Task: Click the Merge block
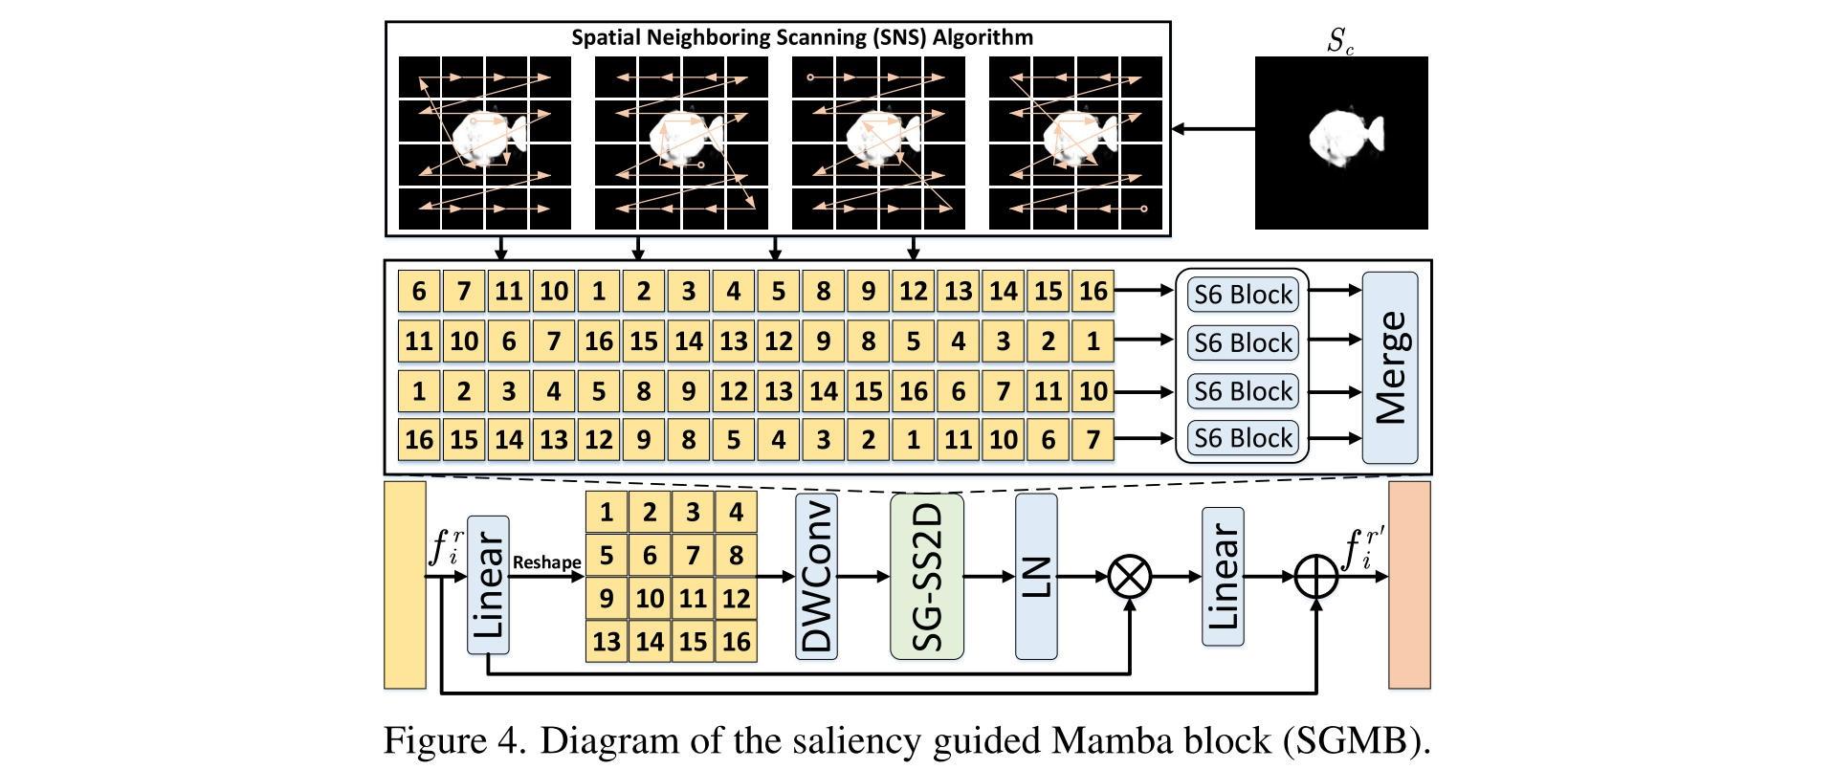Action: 1389,367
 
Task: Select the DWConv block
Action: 816,576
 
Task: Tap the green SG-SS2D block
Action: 926,576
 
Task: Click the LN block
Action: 1035,576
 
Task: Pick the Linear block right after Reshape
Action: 488,585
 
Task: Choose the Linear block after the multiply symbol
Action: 1223,576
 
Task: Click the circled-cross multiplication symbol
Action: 1130,577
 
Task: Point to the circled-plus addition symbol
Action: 1316,577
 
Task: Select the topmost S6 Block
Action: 1242,294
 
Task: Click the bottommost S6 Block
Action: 1242,438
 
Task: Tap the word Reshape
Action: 546,562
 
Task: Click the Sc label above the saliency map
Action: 1339,41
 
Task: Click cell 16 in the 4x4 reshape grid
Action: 736,641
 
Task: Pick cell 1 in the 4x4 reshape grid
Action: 607,513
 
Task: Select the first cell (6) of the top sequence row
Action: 419,291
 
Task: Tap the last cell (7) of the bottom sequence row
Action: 1093,439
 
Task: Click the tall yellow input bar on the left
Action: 405,584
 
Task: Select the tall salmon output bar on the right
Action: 1409,584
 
